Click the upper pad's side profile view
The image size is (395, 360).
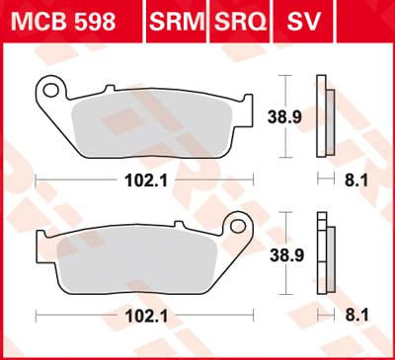(x=323, y=116)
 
